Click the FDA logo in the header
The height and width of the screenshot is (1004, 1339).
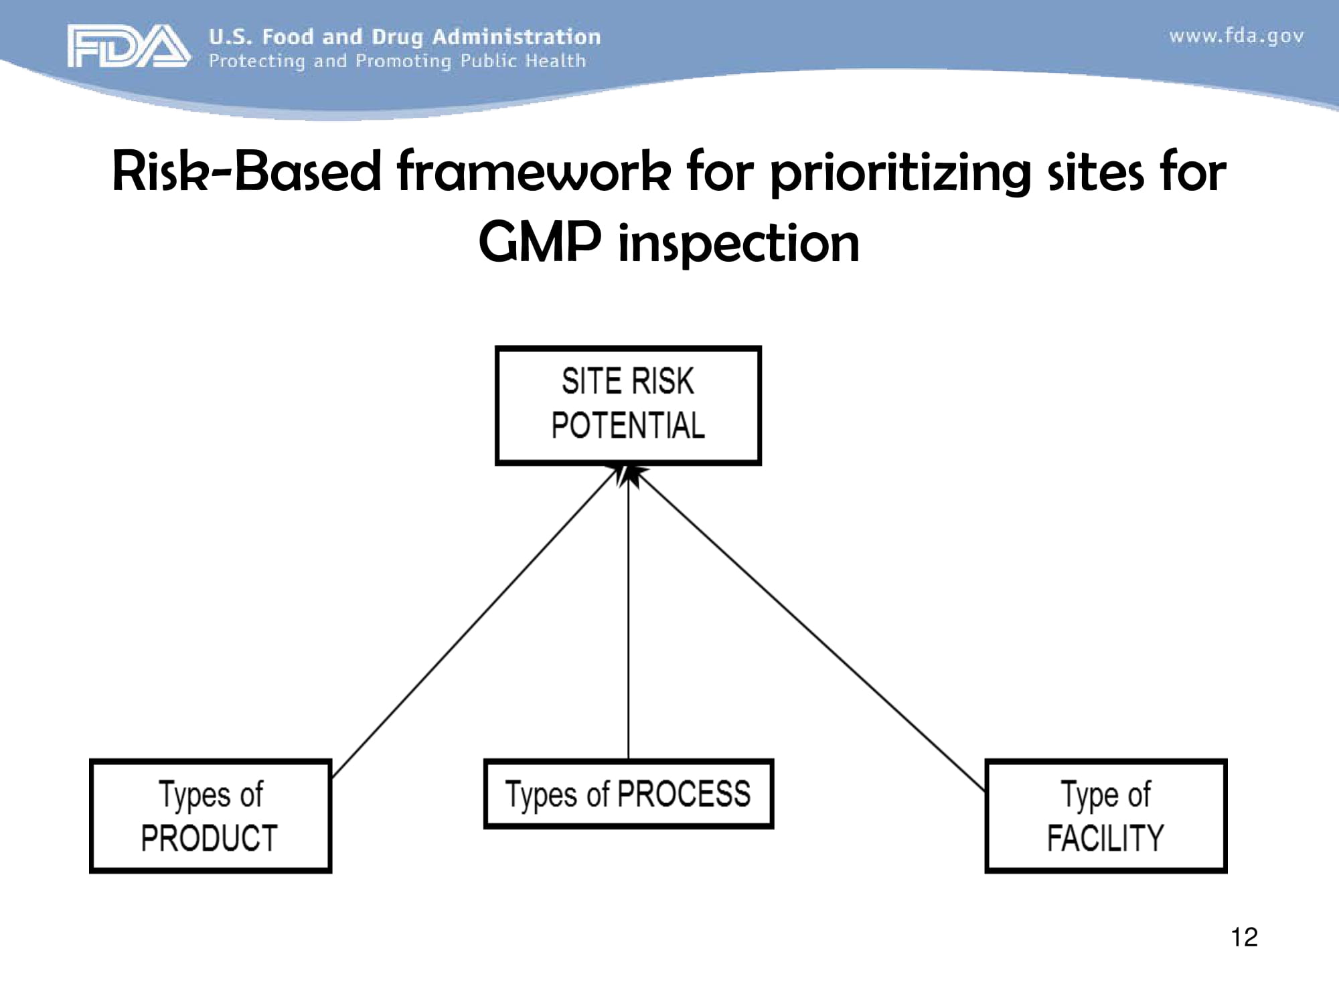127,46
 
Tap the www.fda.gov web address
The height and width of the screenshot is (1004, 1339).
1236,36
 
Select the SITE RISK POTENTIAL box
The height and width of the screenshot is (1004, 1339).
628,405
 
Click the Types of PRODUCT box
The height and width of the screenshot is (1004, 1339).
210,815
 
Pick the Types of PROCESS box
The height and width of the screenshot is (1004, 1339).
628,794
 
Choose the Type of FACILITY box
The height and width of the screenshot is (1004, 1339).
1105,815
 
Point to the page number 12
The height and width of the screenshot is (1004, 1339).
1244,937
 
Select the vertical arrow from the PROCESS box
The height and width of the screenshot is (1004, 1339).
628,622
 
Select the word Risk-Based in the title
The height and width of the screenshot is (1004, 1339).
246,172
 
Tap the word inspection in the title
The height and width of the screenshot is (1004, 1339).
738,244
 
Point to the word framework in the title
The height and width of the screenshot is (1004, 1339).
533,172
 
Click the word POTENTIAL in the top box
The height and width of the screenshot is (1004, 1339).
628,426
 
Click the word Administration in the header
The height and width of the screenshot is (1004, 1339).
516,37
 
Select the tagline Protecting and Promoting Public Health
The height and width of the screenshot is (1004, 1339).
397,62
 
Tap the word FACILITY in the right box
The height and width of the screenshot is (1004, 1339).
1105,838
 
